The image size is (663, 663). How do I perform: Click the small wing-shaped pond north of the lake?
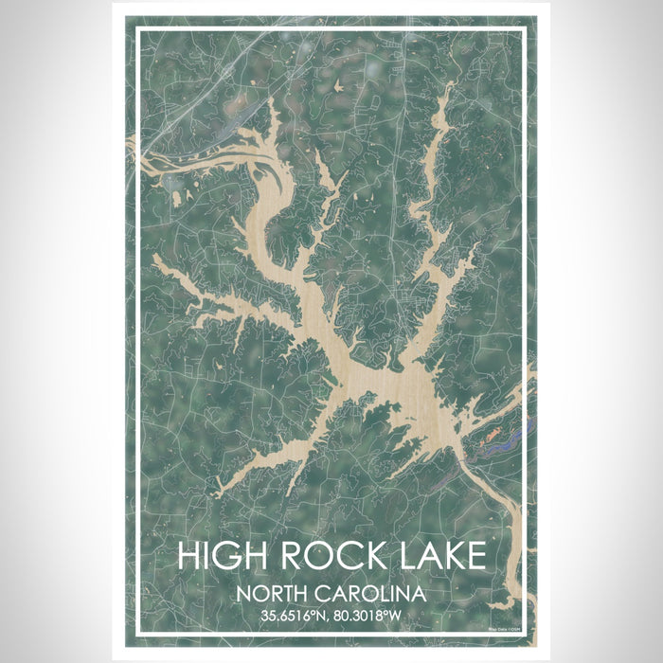click(328, 170)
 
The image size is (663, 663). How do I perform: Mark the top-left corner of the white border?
click(137, 30)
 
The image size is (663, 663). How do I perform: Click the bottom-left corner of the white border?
click(137, 631)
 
